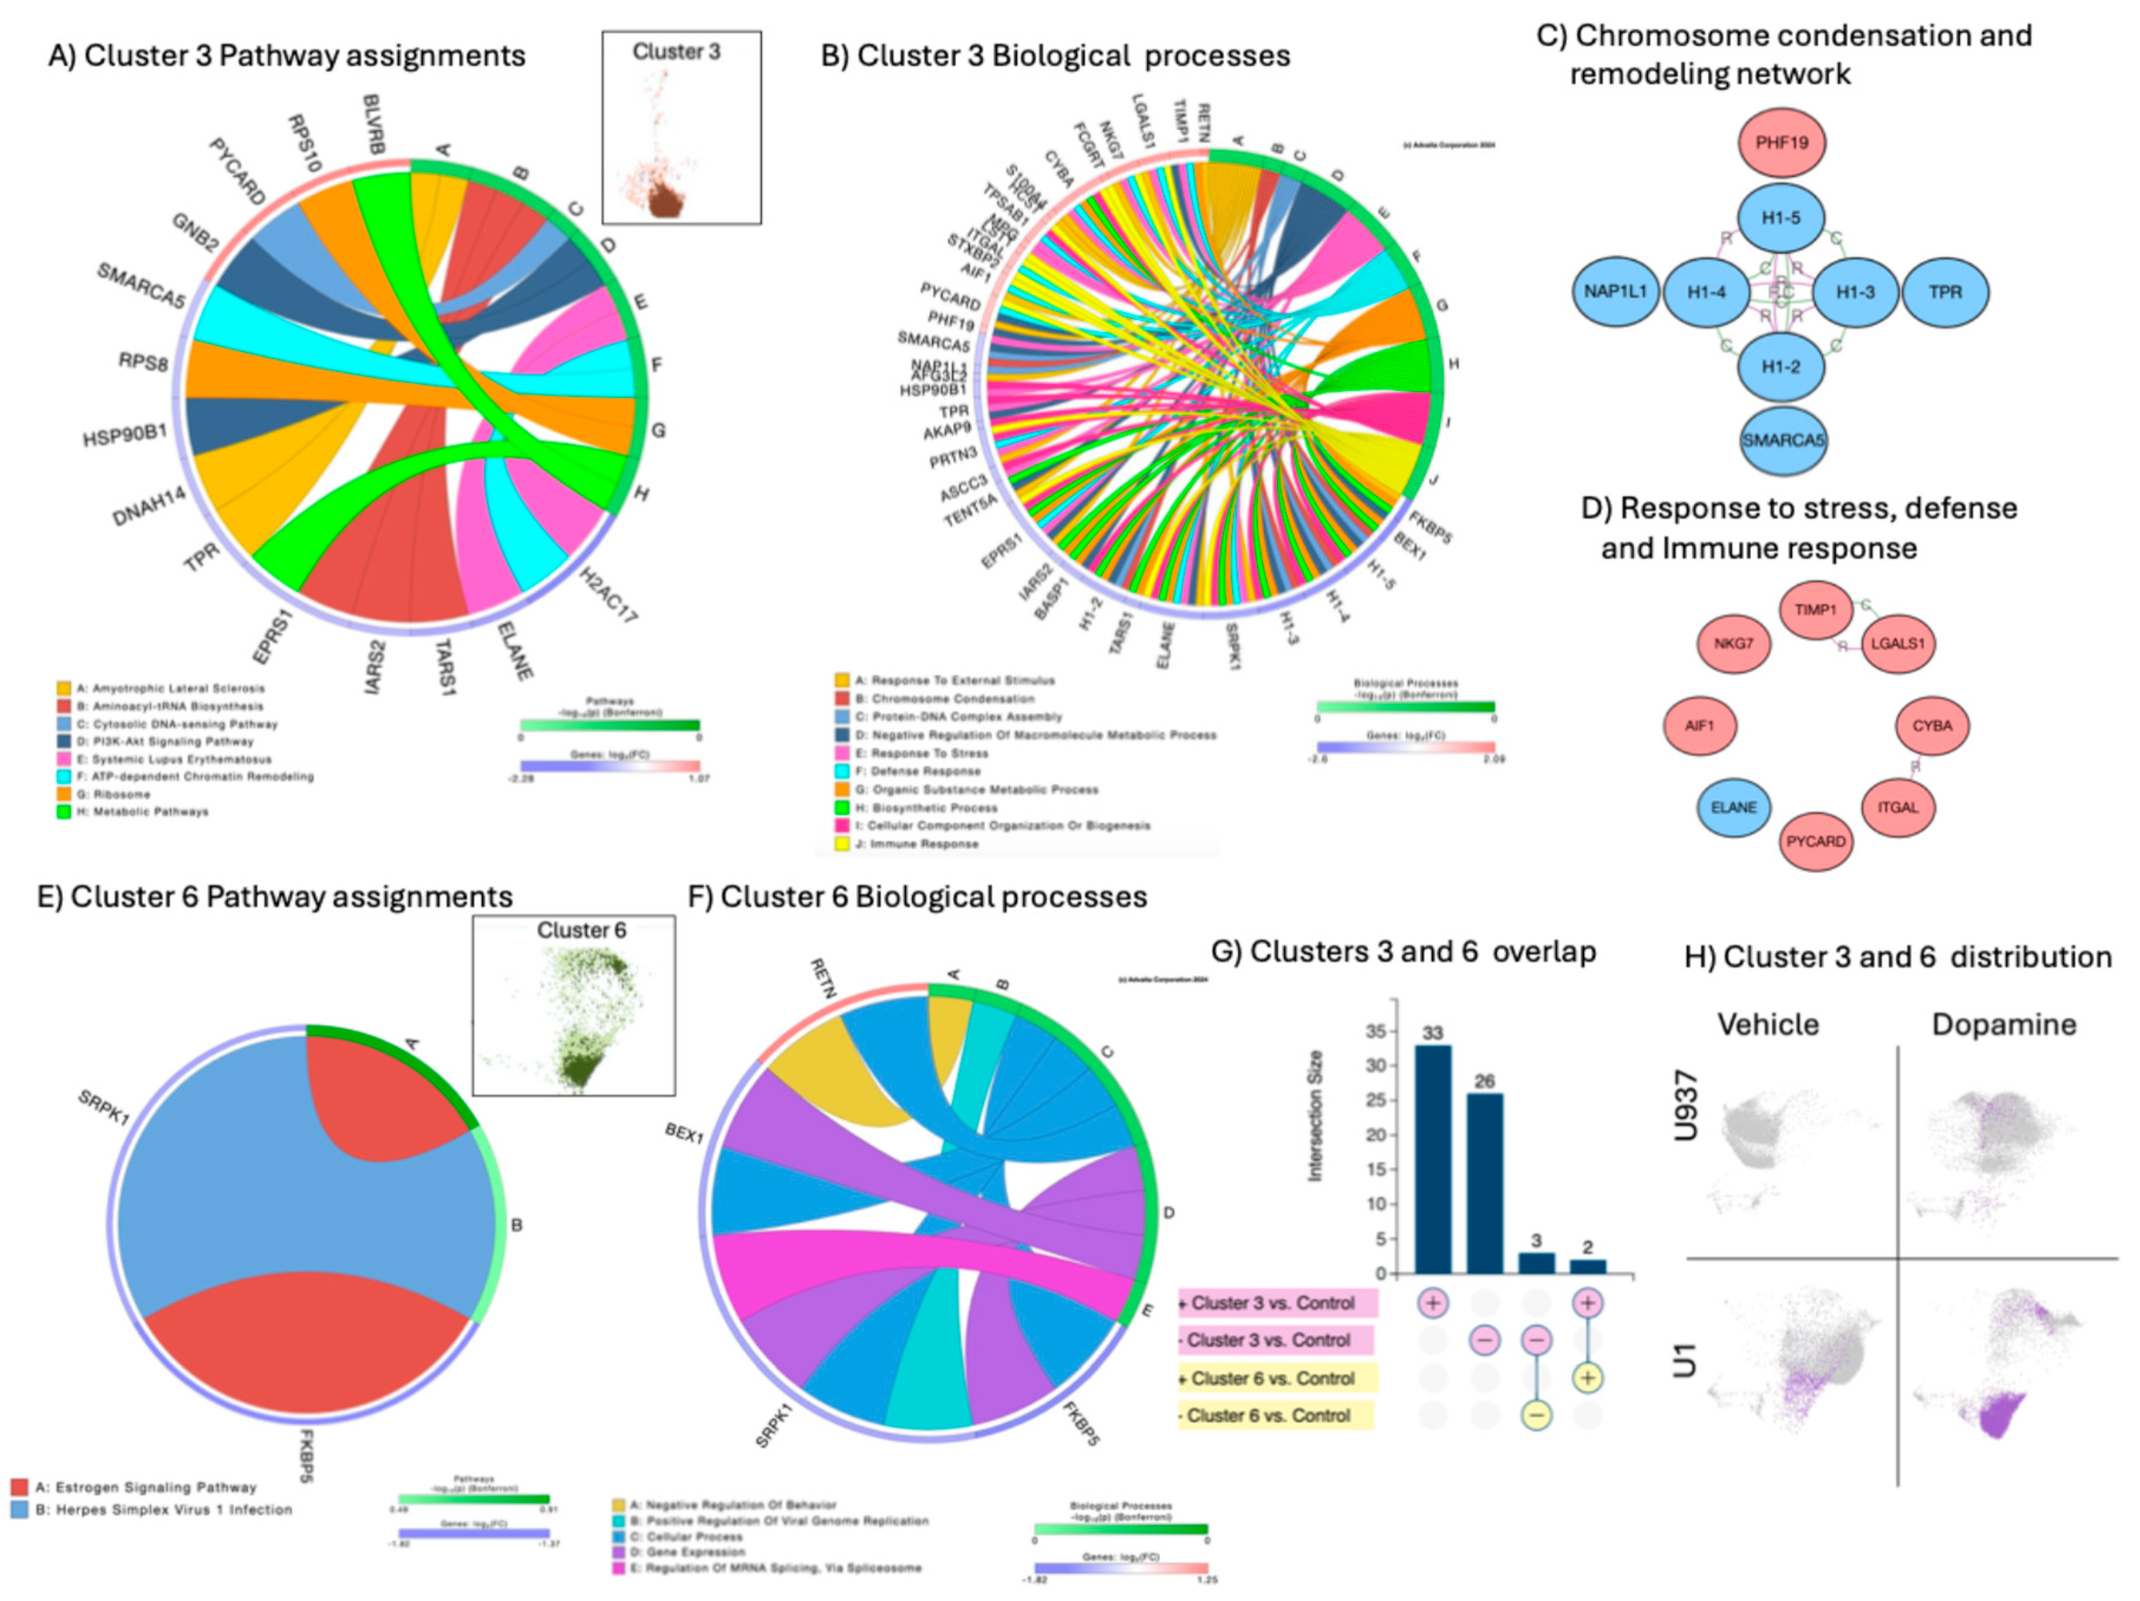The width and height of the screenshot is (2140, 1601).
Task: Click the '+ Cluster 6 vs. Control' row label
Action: (x=1273, y=1378)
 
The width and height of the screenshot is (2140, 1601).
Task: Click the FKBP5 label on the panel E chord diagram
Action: (x=304, y=1456)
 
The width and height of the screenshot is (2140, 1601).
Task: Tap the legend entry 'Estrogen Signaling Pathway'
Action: (x=146, y=1488)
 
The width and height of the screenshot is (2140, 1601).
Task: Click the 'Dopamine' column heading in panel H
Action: (x=2004, y=1025)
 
